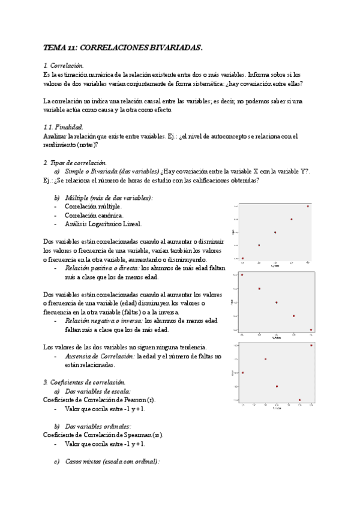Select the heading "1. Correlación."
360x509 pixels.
click(x=64, y=65)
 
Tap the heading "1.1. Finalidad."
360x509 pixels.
click(x=64, y=127)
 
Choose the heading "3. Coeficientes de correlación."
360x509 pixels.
click(x=85, y=382)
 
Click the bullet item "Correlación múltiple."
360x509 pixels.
click(x=93, y=206)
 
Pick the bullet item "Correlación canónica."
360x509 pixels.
click(x=94, y=215)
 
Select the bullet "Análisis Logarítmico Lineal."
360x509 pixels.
click(x=103, y=224)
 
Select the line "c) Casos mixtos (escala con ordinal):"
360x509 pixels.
click(x=107, y=462)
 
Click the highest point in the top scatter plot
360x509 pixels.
click(x=308, y=206)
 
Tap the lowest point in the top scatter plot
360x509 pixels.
click(x=242, y=258)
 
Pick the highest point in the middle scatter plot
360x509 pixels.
click(x=242, y=275)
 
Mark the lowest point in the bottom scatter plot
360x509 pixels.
click(x=299, y=400)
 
